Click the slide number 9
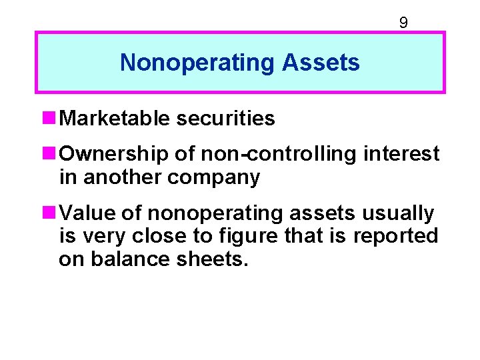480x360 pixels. click(x=403, y=23)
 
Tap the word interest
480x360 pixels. click(x=401, y=154)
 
